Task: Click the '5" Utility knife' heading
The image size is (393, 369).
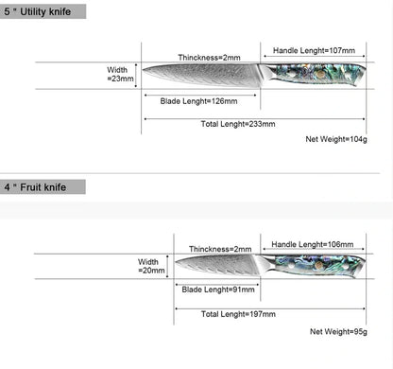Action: (x=38, y=12)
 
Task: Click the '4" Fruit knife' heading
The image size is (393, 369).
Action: (x=35, y=187)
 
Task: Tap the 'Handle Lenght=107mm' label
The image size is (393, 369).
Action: (x=314, y=50)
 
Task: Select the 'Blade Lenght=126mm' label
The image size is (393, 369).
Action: (x=198, y=101)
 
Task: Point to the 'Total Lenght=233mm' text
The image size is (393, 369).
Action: (x=238, y=124)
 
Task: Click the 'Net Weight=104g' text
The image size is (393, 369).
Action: (x=336, y=139)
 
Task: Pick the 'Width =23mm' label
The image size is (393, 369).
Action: (x=120, y=74)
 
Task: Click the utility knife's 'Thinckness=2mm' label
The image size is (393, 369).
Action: (x=209, y=58)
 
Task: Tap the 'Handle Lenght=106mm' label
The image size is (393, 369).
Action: (x=313, y=244)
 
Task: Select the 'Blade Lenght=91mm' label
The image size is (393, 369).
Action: (x=218, y=290)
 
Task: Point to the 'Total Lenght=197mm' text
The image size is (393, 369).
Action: (x=238, y=314)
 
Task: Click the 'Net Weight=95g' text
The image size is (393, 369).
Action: (x=338, y=331)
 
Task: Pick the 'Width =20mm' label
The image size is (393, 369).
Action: (x=151, y=266)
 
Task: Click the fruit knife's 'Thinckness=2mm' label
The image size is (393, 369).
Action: (x=220, y=249)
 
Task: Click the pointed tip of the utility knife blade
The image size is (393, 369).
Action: (x=143, y=70)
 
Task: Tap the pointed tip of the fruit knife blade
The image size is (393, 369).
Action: (x=176, y=262)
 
